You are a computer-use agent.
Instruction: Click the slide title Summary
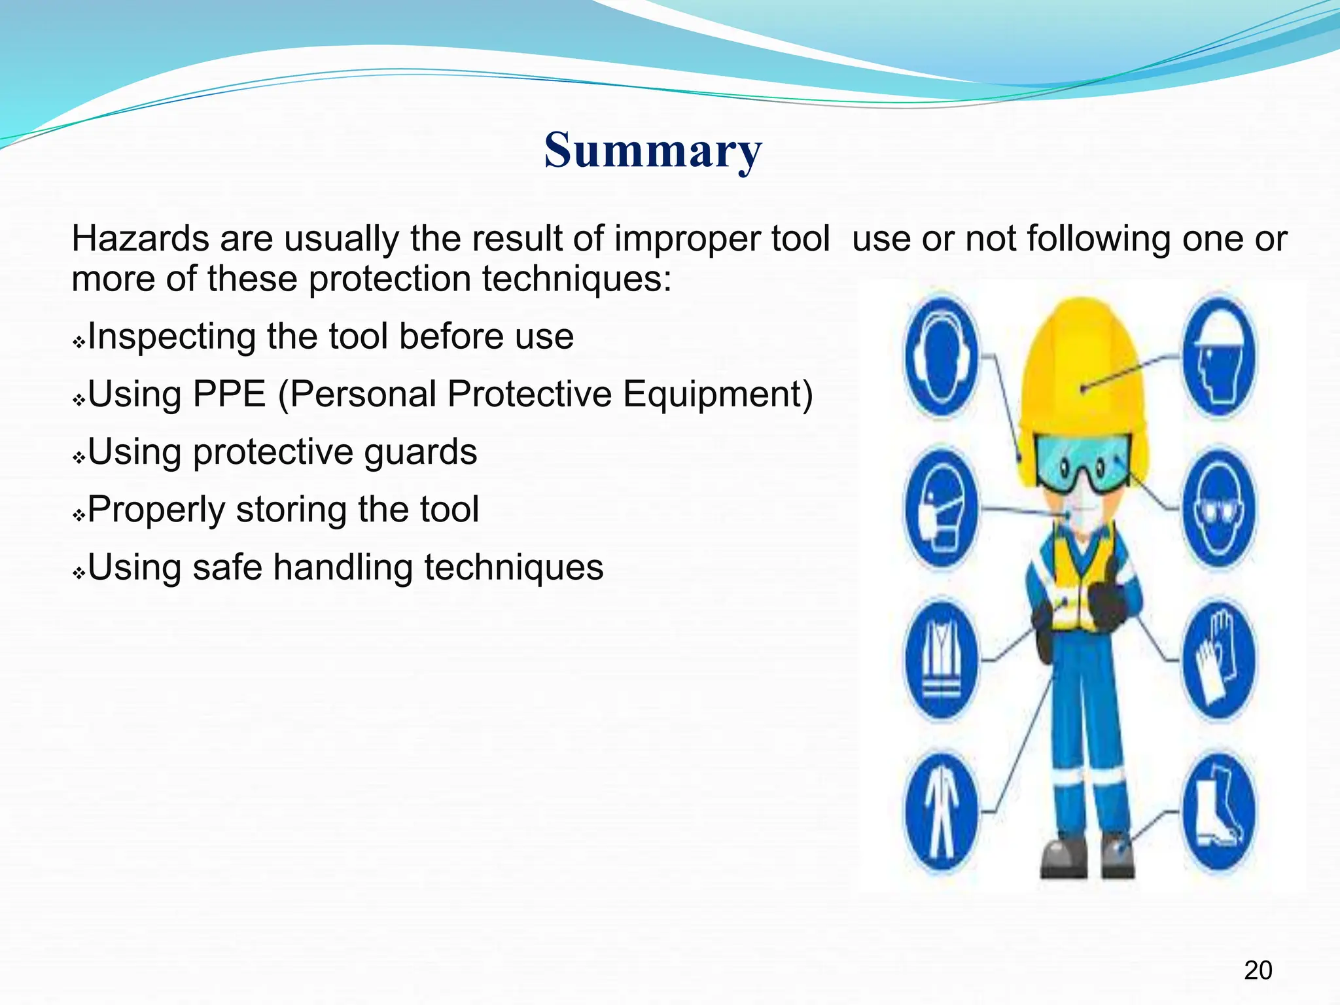coord(652,150)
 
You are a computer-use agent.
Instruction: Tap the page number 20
coord(1258,970)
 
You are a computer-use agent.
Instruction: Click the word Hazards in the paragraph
coord(140,238)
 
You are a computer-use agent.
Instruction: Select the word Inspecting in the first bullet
coord(171,337)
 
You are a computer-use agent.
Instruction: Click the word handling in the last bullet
coord(342,567)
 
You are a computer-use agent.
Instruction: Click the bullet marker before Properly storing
coord(79,516)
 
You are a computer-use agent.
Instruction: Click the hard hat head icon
coord(1218,357)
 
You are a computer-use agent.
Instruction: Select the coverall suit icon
coord(941,813)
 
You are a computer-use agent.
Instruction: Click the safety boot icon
coord(1218,813)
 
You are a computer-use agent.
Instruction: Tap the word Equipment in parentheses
coord(717,395)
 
